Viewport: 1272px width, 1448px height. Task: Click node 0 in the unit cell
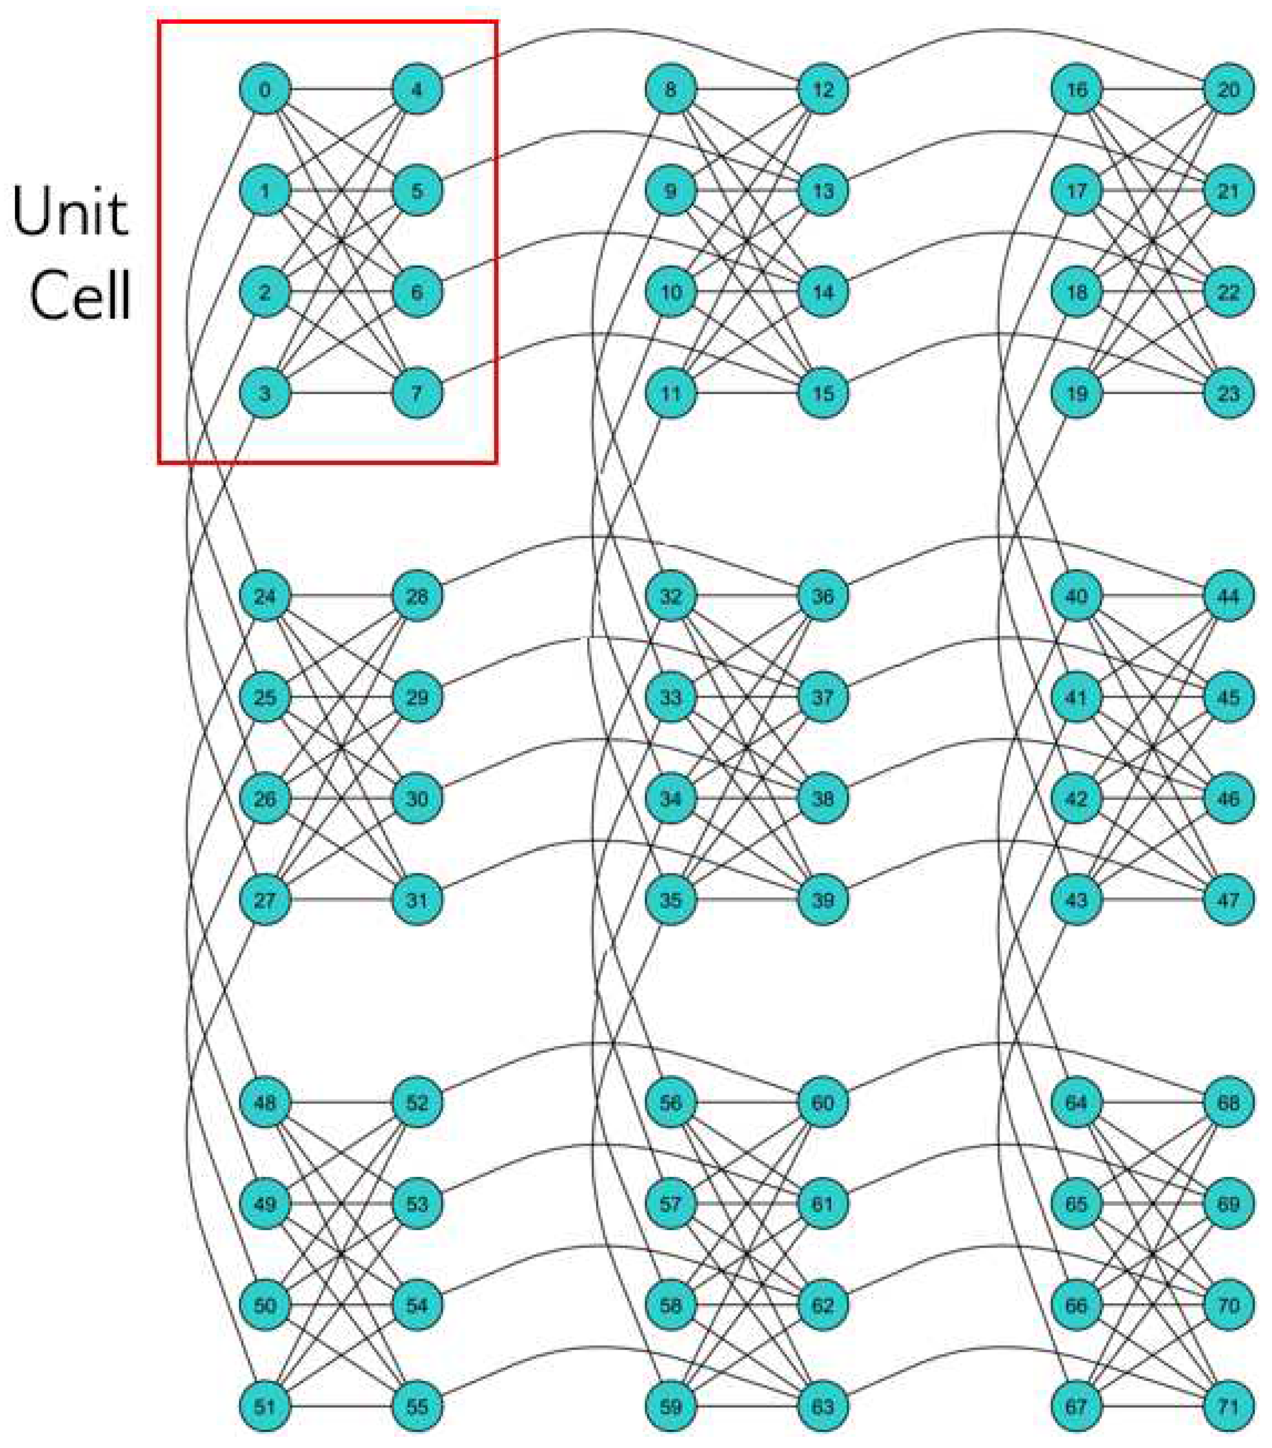[265, 90]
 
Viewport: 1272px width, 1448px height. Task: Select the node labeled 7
[417, 393]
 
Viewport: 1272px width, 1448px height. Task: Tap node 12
[822, 90]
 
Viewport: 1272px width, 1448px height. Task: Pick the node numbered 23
[1228, 393]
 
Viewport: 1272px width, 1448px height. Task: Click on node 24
[265, 596]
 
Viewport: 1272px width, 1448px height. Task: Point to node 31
[417, 899]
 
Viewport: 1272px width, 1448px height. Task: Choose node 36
[822, 596]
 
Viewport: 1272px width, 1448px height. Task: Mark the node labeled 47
[1228, 899]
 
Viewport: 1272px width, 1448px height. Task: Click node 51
[265, 1406]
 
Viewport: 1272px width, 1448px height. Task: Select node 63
[822, 1406]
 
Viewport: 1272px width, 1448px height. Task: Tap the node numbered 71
[1228, 1406]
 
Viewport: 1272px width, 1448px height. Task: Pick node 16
[1076, 90]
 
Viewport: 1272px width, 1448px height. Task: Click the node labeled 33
[671, 697]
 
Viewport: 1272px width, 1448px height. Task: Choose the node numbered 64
[1076, 1102]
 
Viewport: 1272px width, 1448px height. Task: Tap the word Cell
[81, 296]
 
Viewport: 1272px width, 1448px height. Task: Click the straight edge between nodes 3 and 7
[341, 393]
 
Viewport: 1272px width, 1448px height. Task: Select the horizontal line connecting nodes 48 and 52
[341, 1102]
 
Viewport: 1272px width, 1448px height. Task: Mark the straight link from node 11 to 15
[746, 393]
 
